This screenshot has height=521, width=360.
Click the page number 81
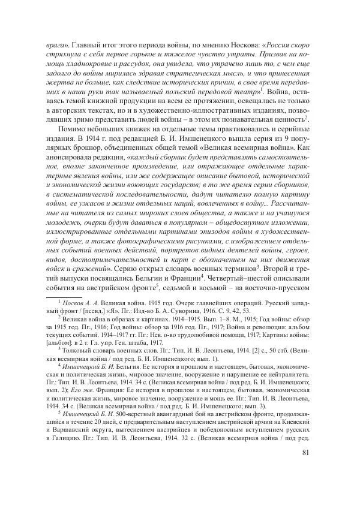(305, 486)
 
